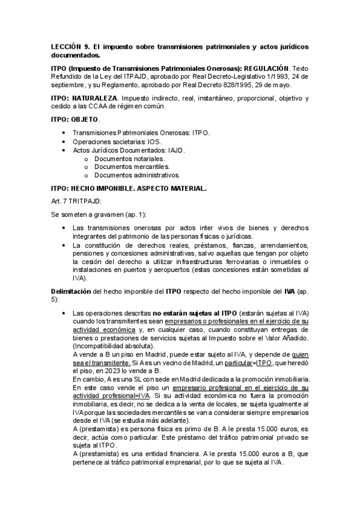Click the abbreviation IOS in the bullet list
152,141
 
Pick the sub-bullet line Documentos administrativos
137,175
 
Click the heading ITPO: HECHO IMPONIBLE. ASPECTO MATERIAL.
129,188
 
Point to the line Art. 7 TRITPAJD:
77,200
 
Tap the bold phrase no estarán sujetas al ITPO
195,314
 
